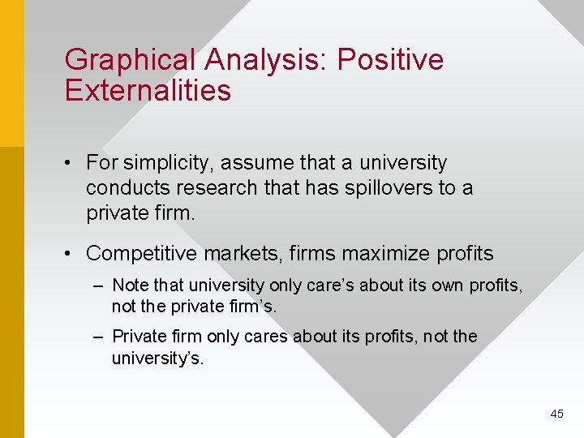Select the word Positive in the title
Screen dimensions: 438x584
coord(390,60)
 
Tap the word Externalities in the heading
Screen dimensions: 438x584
coord(148,90)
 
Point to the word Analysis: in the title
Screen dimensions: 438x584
coord(267,60)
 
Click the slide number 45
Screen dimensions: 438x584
coord(556,414)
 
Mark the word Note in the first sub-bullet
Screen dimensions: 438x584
coord(127,286)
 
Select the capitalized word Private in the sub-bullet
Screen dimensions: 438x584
coord(134,336)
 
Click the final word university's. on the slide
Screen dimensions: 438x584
coord(157,358)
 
